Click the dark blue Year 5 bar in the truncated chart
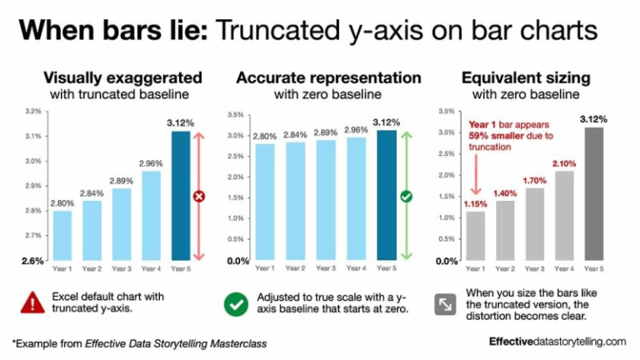(x=179, y=195)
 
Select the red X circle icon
(x=199, y=197)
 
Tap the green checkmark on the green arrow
(x=407, y=197)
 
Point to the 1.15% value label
(x=476, y=204)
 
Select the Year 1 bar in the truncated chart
(x=62, y=235)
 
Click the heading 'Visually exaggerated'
(x=122, y=78)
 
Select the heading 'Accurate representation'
(x=328, y=78)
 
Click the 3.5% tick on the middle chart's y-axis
(x=236, y=115)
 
